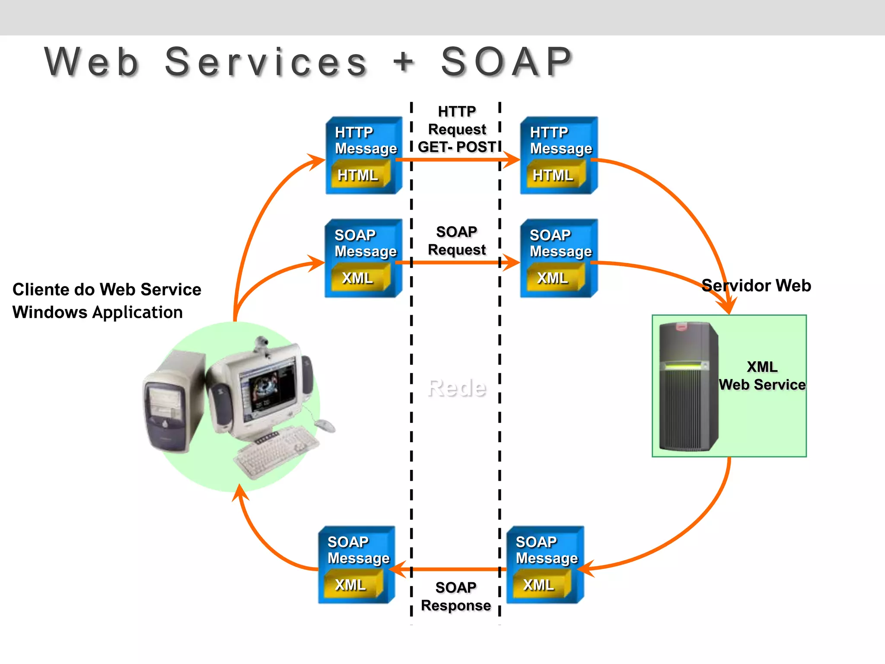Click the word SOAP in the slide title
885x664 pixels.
(x=506, y=62)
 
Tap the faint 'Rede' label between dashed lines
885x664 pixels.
(x=456, y=388)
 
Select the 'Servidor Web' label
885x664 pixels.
(x=756, y=286)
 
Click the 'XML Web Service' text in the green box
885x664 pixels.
(x=762, y=376)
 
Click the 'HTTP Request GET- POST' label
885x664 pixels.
(x=457, y=129)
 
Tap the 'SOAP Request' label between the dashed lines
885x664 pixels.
(x=456, y=241)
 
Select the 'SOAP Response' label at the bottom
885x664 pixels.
(x=456, y=597)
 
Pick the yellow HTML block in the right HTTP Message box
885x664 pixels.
(x=553, y=175)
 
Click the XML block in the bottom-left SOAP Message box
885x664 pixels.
(x=350, y=585)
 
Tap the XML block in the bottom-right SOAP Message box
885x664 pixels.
(x=538, y=585)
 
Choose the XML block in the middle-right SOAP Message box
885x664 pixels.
(x=553, y=278)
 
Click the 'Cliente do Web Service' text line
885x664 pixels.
(x=107, y=290)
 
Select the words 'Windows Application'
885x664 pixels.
(x=98, y=312)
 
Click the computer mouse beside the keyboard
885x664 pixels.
(x=325, y=425)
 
